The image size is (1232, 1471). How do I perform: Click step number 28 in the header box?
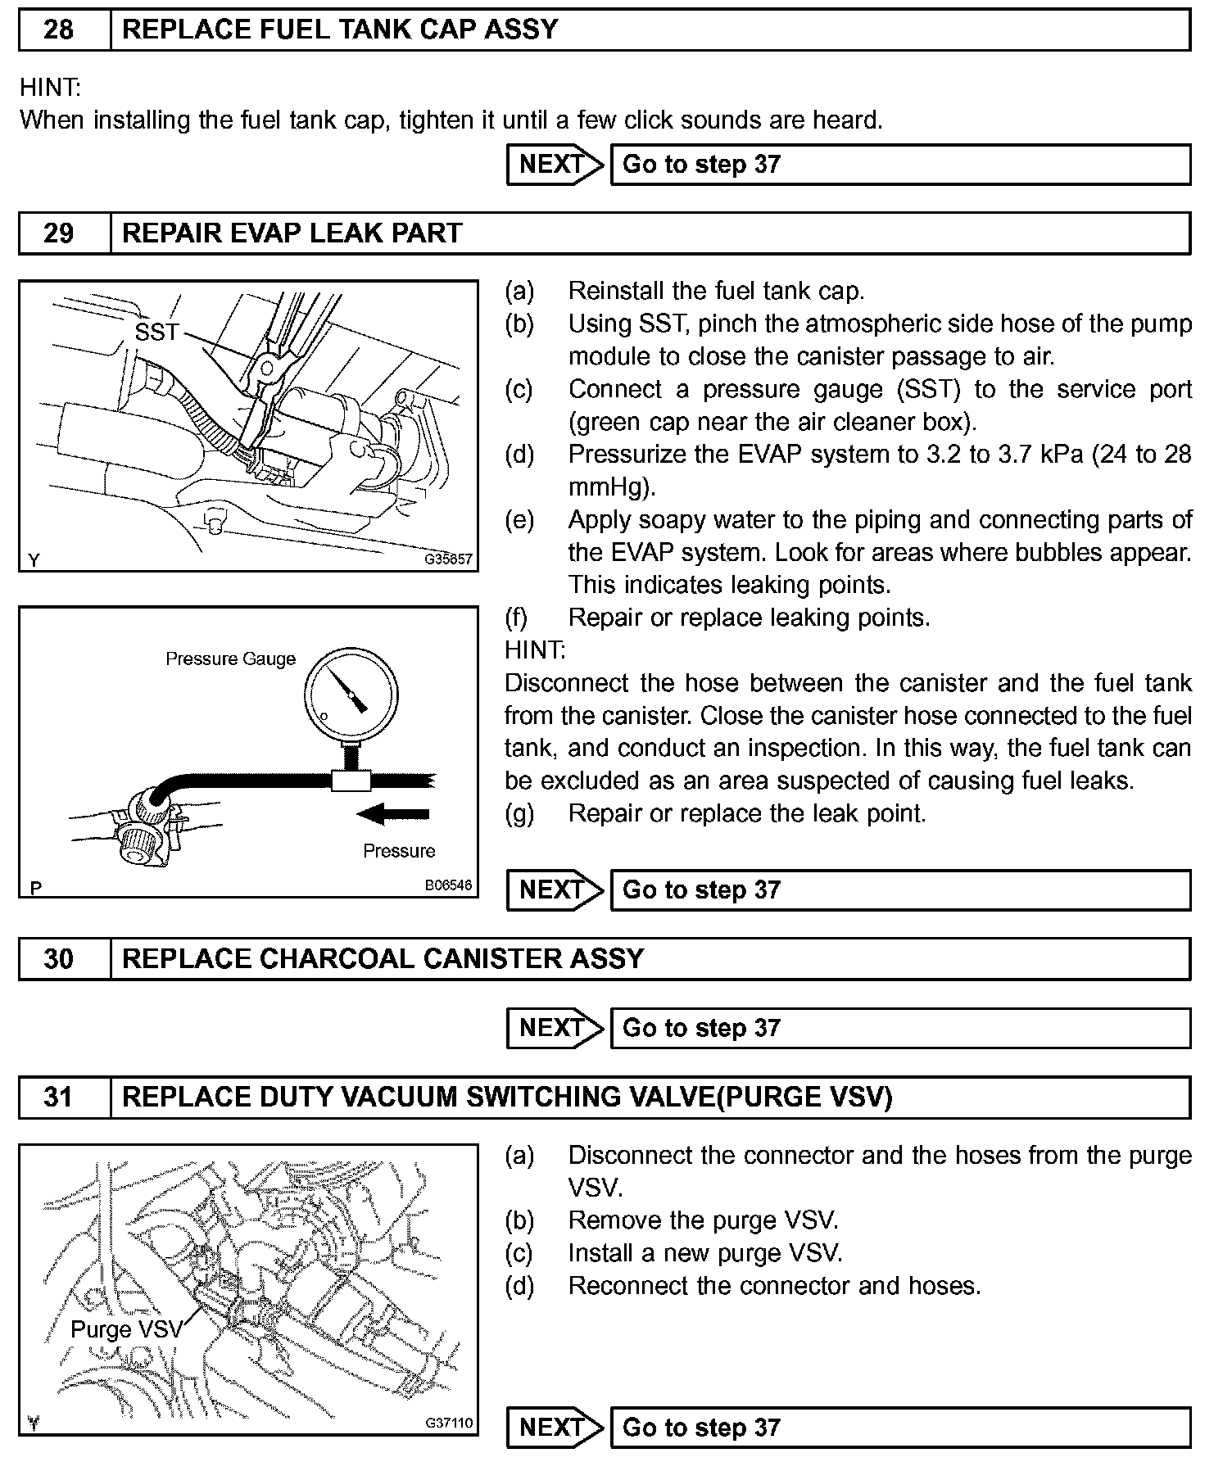(x=58, y=30)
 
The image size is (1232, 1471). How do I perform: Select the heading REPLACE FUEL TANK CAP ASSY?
(x=339, y=30)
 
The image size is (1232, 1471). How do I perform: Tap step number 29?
(x=58, y=233)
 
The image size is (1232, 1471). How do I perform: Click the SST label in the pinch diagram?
(x=156, y=332)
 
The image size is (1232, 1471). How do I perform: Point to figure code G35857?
(x=448, y=560)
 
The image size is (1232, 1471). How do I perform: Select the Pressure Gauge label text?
(x=230, y=659)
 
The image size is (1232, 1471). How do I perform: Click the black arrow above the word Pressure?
(x=394, y=813)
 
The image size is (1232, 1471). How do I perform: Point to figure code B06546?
(x=448, y=885)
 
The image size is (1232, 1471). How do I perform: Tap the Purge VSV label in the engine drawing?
(x=126, y=1328)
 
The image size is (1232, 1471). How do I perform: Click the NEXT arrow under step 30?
(x=555, y=1028)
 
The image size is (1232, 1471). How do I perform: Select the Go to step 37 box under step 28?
(x=900, y=165)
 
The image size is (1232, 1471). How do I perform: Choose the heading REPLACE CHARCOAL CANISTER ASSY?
(x=383, y=959)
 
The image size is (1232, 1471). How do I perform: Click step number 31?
(x=58, y=1098)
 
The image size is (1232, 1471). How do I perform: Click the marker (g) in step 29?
(x=519, y=813)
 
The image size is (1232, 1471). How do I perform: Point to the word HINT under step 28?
(x=51, y=88)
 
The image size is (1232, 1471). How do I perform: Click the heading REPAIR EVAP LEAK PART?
(x=292, y=233)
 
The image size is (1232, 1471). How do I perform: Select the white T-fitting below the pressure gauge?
(x=351, y=780)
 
